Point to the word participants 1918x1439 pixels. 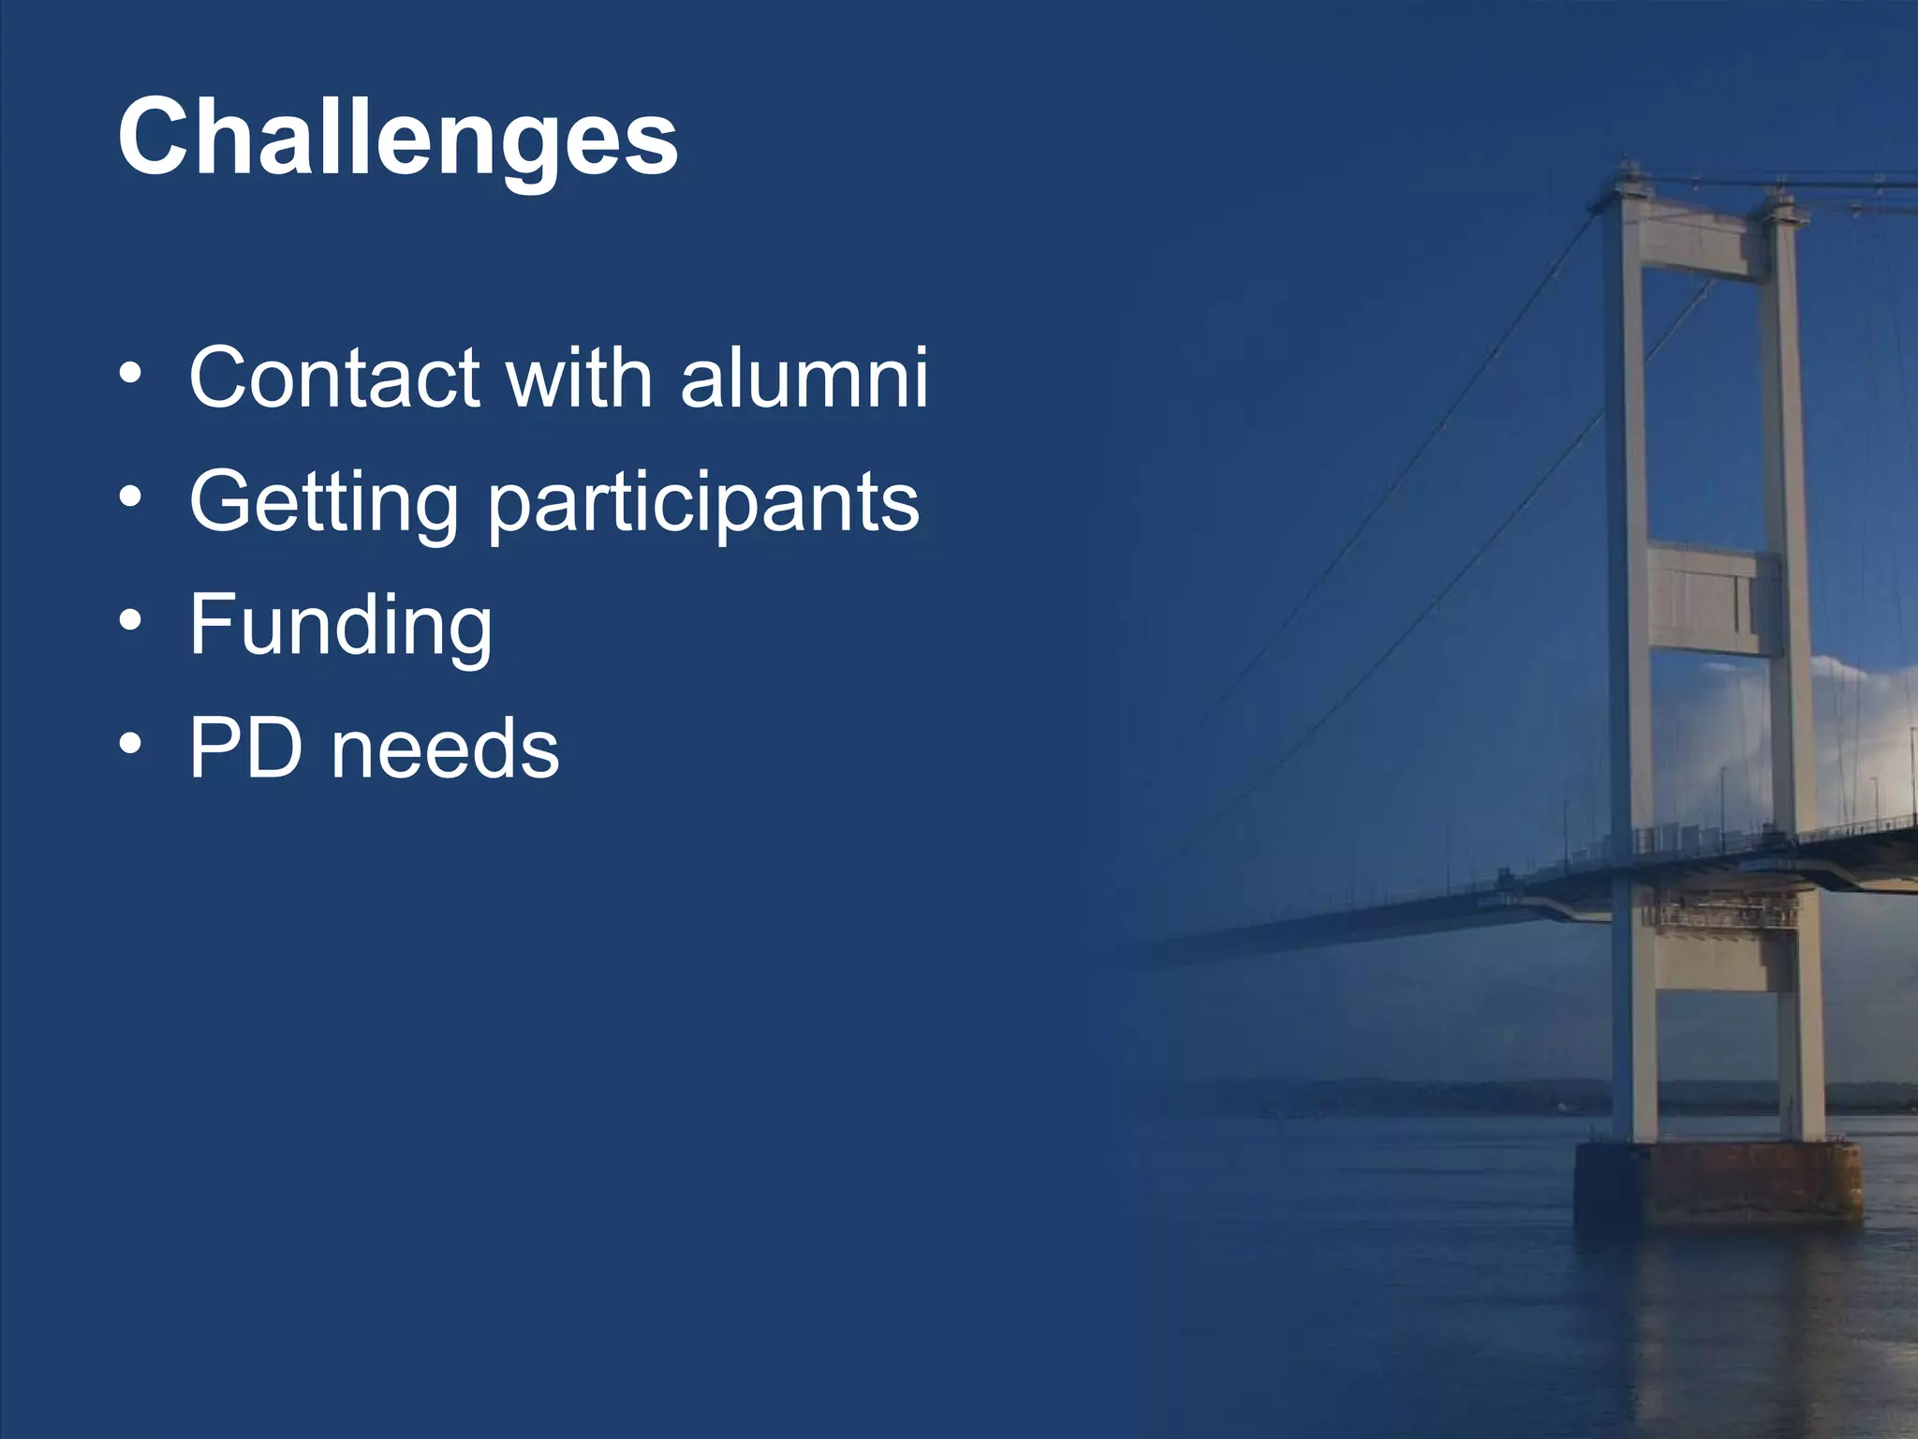pyautogui.click(x=703, y=506)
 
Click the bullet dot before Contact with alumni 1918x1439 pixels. pyautogui.click(x=131, y=374)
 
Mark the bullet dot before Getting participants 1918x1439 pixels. pyautogui.click(x=131, y=497)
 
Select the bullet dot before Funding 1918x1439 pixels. pyautogui.click(x=131, y=620)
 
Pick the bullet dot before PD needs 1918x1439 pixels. pyautogui.click(x=131, y=744)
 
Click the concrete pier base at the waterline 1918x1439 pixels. pyautogui.click(x=1719, y=1182)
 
